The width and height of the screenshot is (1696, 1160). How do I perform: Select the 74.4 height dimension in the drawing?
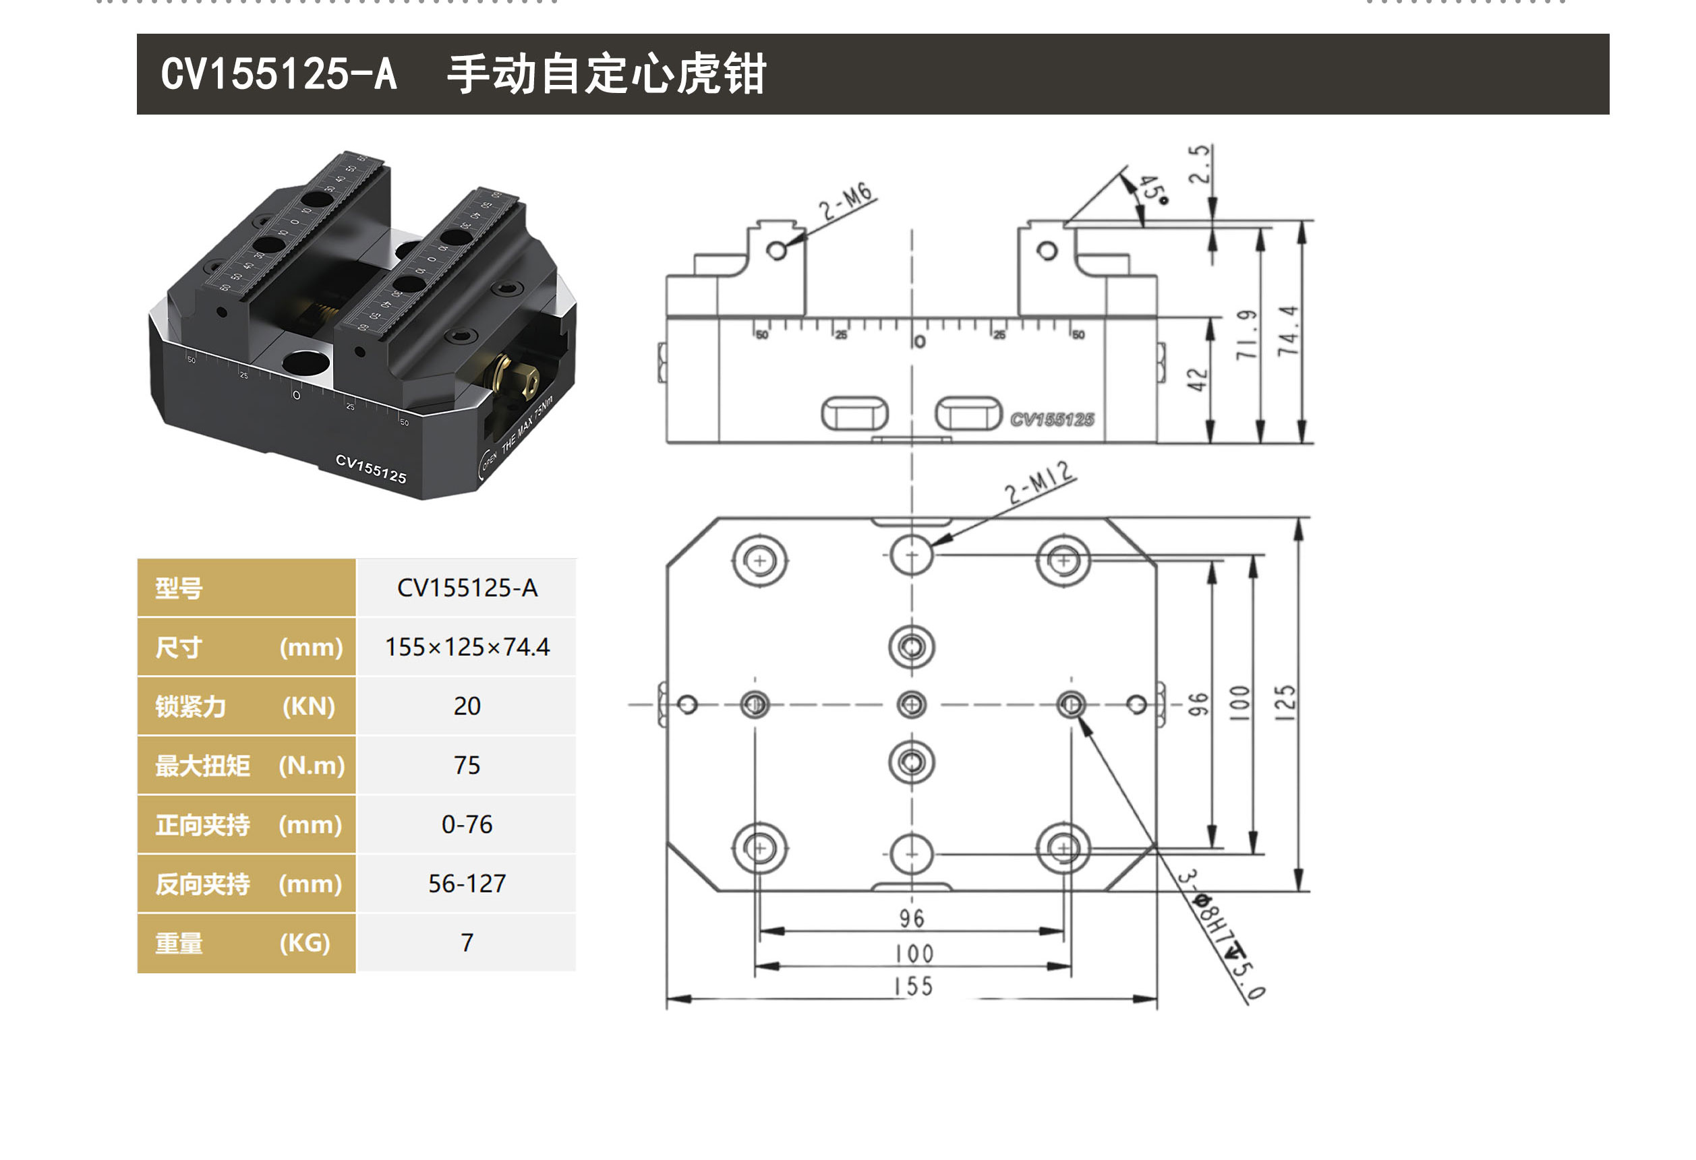point(1288,331)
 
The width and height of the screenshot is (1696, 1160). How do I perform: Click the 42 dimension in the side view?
point(1198,379)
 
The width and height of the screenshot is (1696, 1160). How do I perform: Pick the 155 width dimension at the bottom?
point(913,987)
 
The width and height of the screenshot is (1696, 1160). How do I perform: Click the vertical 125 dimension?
point(1285,702)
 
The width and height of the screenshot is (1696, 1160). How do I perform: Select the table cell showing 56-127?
point(467,884)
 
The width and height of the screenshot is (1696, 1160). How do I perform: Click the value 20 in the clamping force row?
point(467,706)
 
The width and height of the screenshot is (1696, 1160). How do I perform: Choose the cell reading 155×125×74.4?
point(467,646)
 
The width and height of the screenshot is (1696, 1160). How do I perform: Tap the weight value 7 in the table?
point(467,942)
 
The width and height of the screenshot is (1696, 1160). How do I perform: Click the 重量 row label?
point(179,944)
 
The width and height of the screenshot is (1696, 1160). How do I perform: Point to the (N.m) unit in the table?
point(312,765)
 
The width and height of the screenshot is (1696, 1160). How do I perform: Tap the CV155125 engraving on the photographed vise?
point(371,468)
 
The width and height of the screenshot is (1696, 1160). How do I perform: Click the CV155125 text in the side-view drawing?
point(1051,419)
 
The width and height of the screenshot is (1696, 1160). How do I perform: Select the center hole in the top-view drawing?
point(912,705)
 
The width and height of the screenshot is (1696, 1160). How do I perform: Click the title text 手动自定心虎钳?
point(606,73)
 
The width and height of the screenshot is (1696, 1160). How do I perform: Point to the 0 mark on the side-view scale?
point(920,342)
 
